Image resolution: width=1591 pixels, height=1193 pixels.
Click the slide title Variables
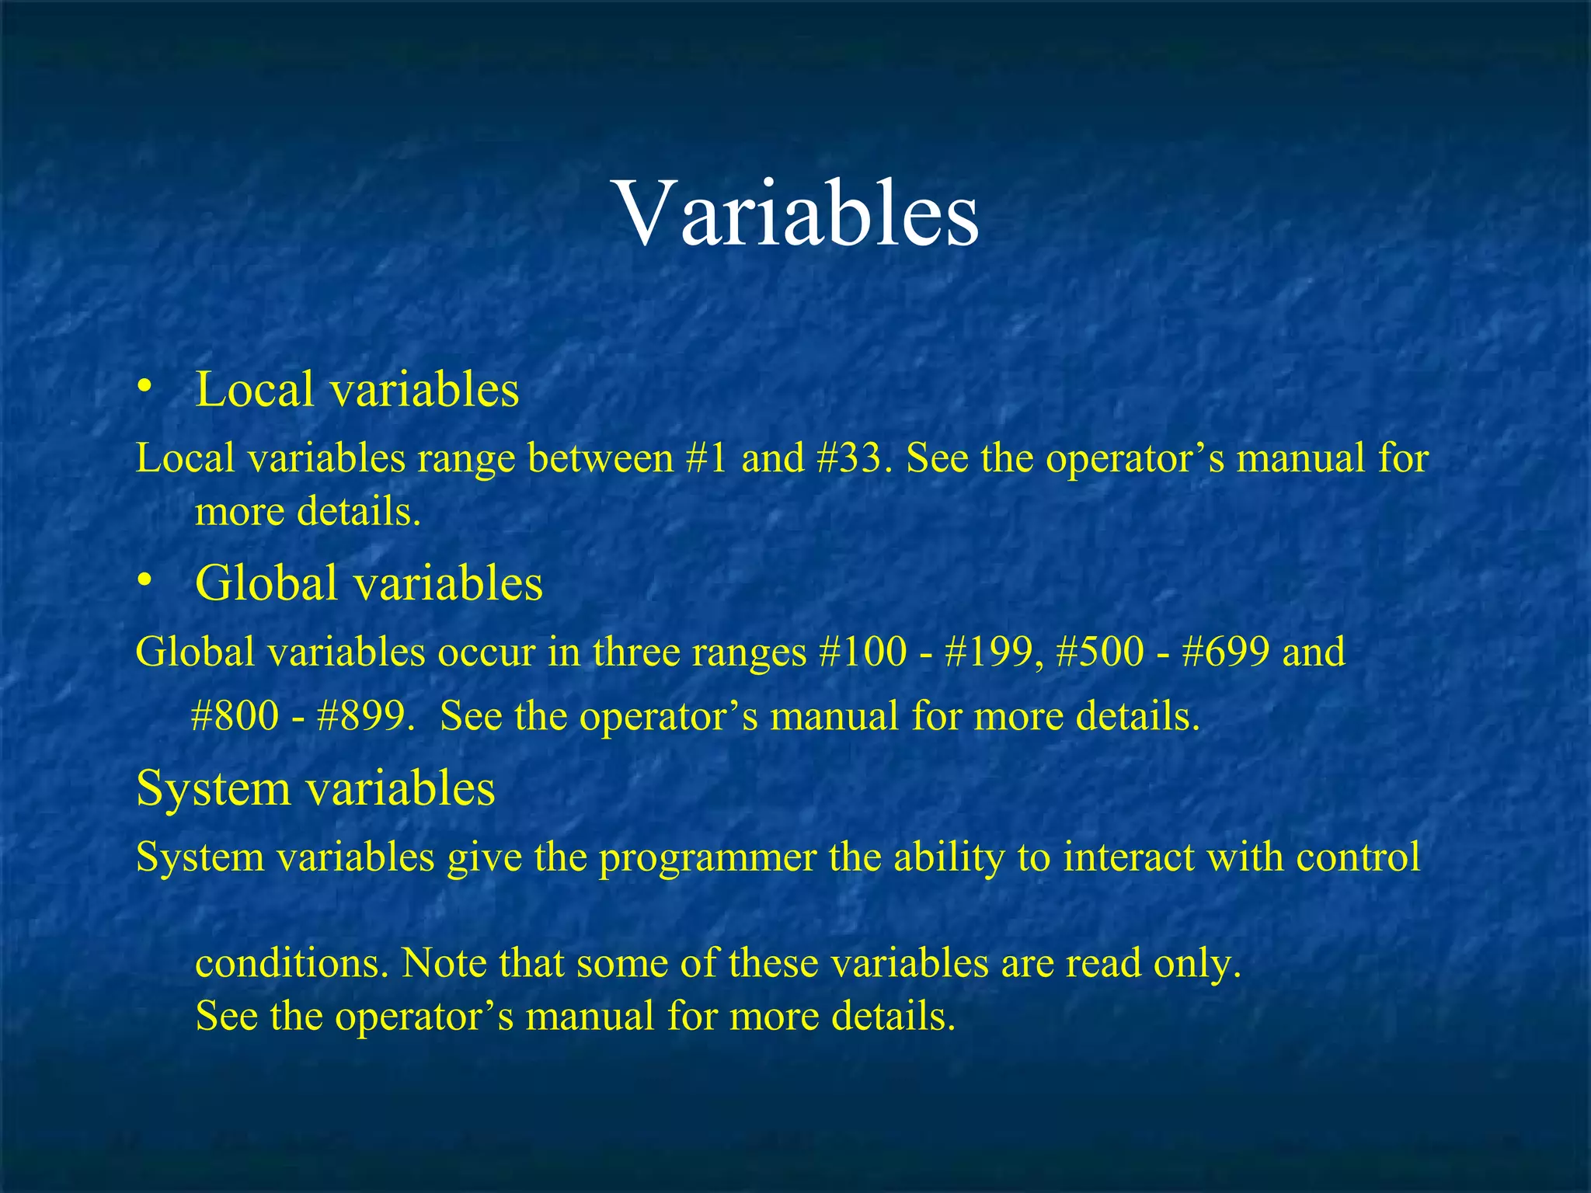click(798, 214)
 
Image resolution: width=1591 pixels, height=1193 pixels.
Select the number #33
click(848, 457)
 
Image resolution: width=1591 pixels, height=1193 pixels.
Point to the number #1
click(707, 457)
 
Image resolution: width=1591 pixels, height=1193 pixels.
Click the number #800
click(235, 715)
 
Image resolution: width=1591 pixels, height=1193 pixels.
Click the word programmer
click(707, 857)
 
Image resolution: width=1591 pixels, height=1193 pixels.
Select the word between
click(600, 457)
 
